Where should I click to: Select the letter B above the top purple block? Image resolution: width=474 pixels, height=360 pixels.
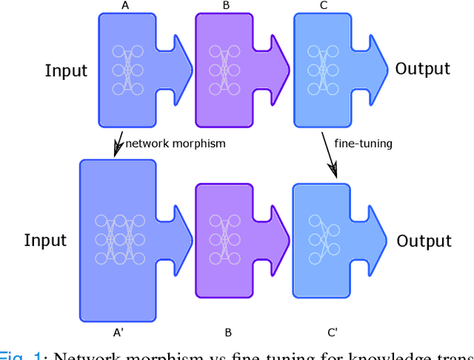pos(226,5)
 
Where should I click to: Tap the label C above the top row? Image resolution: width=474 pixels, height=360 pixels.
pos(324,5)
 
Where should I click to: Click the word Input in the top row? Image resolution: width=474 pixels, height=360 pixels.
pos(66,71)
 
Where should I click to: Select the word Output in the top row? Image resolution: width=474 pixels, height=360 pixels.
pos(422,69)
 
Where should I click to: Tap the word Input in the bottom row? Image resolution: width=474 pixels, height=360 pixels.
pos(45,240)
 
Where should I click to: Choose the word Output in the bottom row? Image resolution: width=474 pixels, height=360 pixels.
pos(424,241)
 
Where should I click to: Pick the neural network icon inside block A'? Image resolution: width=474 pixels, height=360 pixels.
pos(118,239)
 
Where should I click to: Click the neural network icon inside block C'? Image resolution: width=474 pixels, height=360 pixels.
pos(323,230)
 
